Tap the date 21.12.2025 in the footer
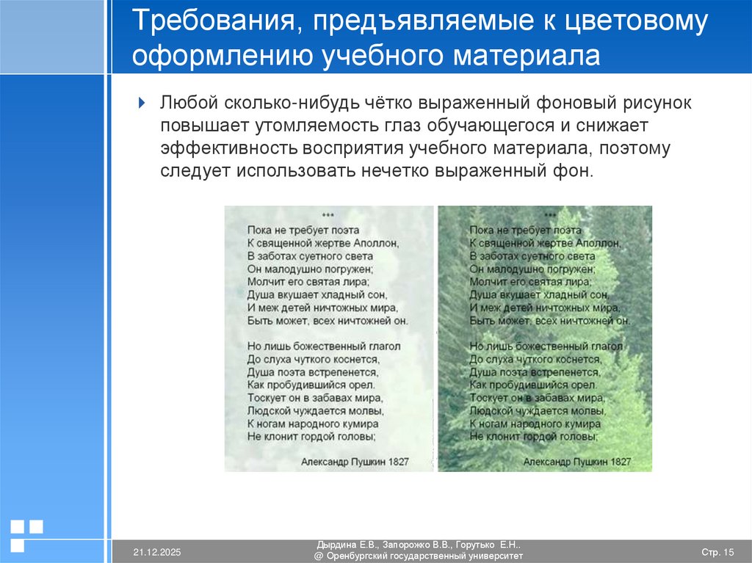click(x=157, y=552)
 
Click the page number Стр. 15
click(x=717, y=552)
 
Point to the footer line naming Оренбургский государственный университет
click(x=419, y=556)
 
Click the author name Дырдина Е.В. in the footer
click(x=347, y=545)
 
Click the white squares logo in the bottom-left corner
click(x=27, y=534)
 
